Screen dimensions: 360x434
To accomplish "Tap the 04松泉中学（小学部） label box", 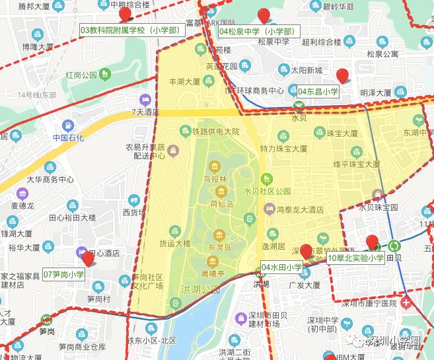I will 258,31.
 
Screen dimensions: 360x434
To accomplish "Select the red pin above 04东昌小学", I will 342,75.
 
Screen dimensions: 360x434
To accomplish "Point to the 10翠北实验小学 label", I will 355,258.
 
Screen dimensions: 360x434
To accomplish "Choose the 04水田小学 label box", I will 281,268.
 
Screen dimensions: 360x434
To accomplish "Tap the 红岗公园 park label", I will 81,75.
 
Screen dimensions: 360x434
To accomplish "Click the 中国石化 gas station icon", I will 68,126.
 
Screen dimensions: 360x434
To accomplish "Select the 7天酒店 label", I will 145,113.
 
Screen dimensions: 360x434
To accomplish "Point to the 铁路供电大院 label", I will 215,131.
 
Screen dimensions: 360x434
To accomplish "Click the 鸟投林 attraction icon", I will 215,166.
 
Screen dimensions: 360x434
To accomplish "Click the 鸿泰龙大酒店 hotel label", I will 301,209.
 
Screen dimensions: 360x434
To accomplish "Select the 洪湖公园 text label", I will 199,290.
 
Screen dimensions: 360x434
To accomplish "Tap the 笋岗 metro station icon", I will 46,317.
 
